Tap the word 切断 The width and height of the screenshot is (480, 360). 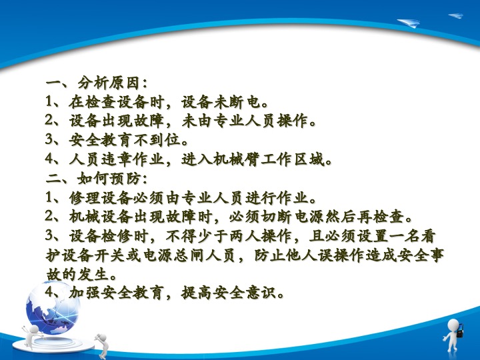pyautogui.click(x=277, y=217)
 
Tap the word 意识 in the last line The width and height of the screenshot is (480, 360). pyautogui.click(x=261, y=293)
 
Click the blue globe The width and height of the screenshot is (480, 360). pyautogui.click(x=53, y=307)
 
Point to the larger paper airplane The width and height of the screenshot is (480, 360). pyautogui.click(x=409, y=23)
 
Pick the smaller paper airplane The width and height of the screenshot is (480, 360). pyautogui.click(x=456, y=15)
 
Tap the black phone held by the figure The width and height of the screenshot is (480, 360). pyautogui.click(x=460, y=331)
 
